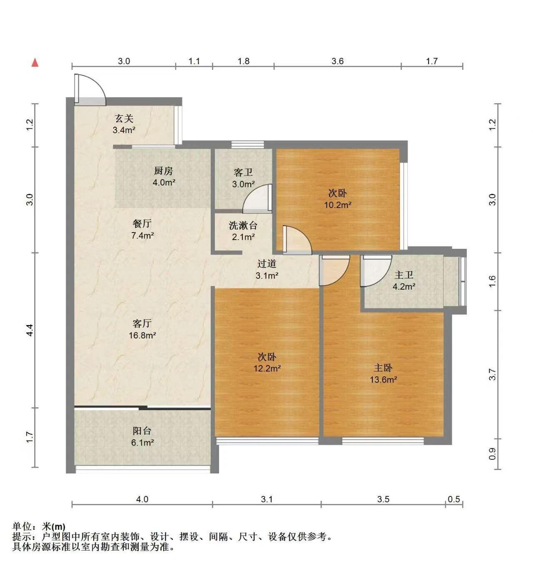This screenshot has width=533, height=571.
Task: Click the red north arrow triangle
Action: (35, 63)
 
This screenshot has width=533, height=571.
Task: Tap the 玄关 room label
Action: (124, 118)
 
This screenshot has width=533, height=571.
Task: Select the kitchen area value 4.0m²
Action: (164, 182)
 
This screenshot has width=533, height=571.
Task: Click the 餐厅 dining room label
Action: (142, 223)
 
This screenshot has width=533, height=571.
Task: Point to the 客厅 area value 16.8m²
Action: (142, 335)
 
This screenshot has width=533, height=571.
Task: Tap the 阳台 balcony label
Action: (142, 431)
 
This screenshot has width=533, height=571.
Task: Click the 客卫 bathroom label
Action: (243, 172)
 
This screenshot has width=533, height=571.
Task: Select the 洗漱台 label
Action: (243, 226)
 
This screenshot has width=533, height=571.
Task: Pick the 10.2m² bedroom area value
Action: (338, 205)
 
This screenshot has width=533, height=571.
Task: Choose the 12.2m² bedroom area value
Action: (267, 368)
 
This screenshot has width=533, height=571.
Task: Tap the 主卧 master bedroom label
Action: (383, 368)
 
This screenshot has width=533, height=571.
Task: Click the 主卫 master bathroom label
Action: (403, 275)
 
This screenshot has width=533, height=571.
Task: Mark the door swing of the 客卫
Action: (250, 192)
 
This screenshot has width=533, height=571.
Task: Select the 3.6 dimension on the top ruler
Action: (337, 61)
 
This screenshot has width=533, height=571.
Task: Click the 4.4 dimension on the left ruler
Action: (30, 330)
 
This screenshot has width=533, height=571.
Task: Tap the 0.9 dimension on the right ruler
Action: (492, 454)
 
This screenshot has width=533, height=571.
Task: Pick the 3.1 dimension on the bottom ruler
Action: (266, 499)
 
